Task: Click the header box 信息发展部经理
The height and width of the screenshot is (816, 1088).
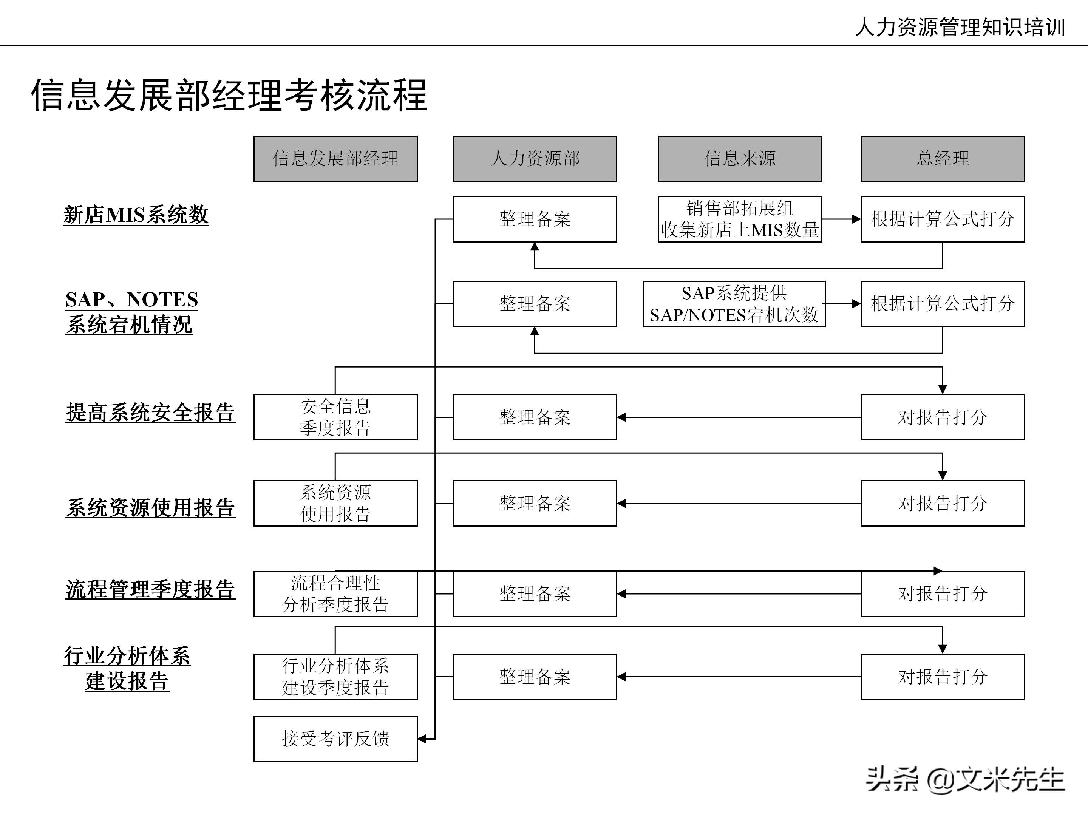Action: click(x=335, y=159)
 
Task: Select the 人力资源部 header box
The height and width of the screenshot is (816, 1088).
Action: click(x=535, y=159)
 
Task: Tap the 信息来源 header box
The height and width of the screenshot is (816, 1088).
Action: click(x=740, y=159)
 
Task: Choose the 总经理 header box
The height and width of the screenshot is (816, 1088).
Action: click(x=943, y=159)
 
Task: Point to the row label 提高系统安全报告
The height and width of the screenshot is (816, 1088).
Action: click(x=150, y=412)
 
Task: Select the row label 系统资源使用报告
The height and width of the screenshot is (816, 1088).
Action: click(x=150, y=508)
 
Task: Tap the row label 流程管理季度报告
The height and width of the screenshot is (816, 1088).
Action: click(x=150, y=589)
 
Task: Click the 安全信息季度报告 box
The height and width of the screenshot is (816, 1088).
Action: click(x=335, y=417)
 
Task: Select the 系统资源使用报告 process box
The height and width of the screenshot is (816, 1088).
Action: click(x=335, y=503)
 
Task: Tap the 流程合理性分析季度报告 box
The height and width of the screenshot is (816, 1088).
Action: click(x=335, y=594)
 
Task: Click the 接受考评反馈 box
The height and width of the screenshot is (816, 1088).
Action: click(x=335, y=739)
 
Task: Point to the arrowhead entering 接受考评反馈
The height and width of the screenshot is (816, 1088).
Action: click(x=422, y=739)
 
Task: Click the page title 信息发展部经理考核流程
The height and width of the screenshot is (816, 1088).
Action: click(x=229, y=96)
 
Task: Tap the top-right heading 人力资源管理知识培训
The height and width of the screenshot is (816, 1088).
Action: click(x=960, y=27)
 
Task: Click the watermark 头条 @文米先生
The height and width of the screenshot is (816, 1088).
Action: click(x=965, y=780)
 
